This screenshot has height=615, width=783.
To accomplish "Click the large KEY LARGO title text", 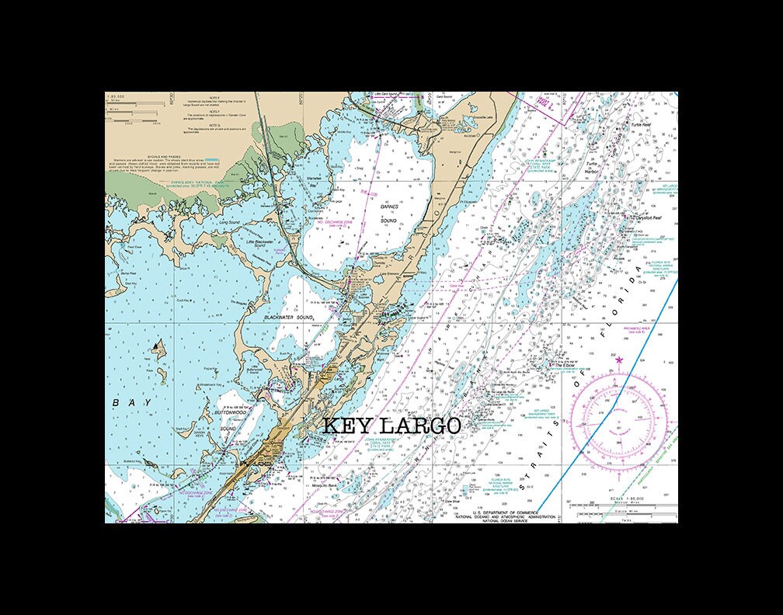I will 391,426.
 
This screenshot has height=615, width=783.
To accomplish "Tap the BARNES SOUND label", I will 388,214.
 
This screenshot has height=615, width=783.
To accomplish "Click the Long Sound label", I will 229,222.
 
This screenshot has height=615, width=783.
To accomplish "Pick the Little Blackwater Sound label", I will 256,243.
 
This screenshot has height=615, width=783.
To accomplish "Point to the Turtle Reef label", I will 641,124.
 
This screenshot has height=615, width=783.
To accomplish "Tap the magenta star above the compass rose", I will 619,360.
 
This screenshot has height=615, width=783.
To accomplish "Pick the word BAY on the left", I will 128,403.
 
